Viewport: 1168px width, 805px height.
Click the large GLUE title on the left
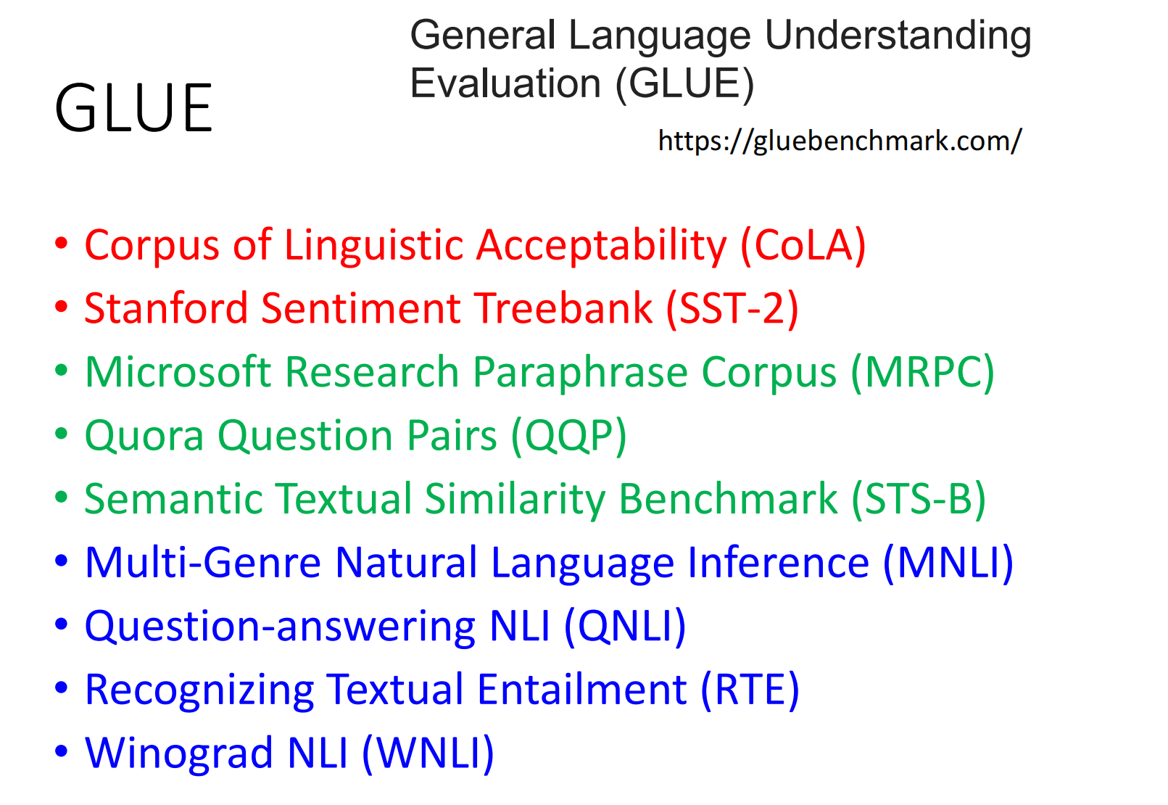click(133, 108)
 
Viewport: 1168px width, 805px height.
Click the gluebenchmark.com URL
click(840, 141)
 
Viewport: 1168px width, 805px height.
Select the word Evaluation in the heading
click(505, 83)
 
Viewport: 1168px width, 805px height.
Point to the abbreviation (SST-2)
click(732, 308)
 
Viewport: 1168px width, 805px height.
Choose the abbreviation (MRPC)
click(922, 372)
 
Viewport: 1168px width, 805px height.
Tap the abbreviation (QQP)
click(569, 436)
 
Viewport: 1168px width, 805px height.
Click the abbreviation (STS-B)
click(919, 499)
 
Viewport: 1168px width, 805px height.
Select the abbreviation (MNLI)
click(948, 563)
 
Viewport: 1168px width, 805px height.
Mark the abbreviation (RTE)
click(750, 690)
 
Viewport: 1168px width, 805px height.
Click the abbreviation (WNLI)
click(428, 754)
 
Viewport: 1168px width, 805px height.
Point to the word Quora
click(144, 436)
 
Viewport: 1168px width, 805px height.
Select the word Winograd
click(179, 754)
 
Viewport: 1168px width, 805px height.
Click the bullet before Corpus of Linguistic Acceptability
click(62, 243)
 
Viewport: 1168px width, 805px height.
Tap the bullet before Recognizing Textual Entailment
click(62, 688)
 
